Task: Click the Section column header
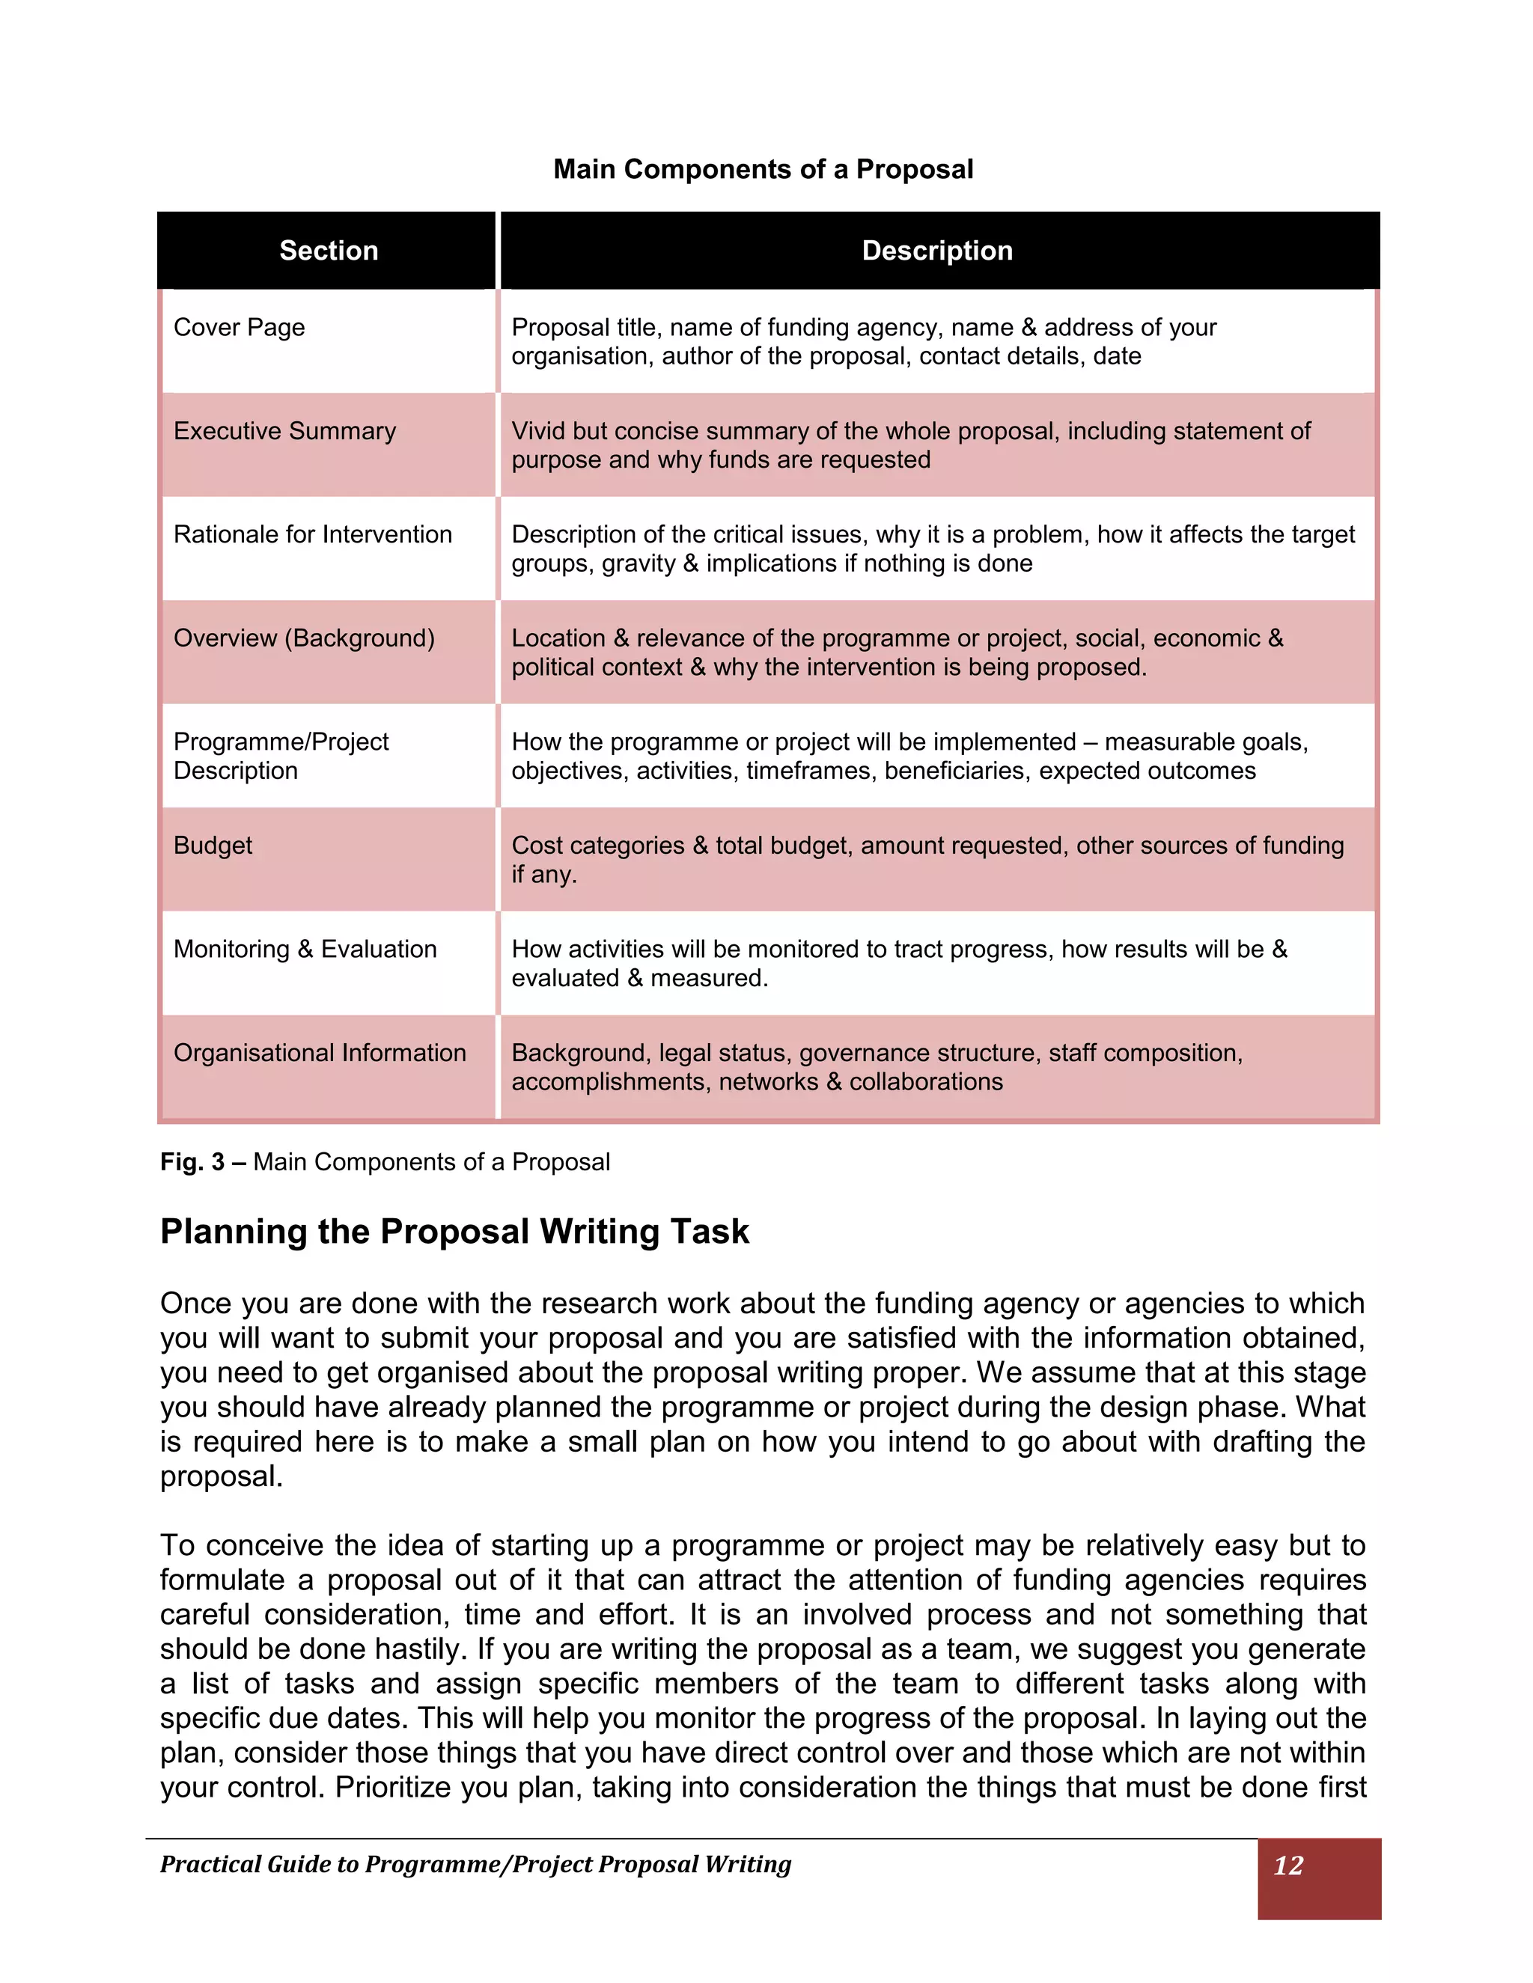point(328,251)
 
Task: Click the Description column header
point(936,251)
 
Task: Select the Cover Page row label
point(239,327)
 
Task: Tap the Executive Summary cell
point(284,430)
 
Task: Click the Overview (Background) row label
point(303,638)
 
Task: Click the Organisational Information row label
point(319,1052)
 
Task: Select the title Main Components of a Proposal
point(763,169)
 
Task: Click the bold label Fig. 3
point(192,1162)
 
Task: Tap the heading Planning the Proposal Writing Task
point(454,1231)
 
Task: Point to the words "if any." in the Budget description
point(544,874)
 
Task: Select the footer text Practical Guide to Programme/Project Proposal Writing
point(475,1864)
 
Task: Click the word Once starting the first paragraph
point(196,1303)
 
